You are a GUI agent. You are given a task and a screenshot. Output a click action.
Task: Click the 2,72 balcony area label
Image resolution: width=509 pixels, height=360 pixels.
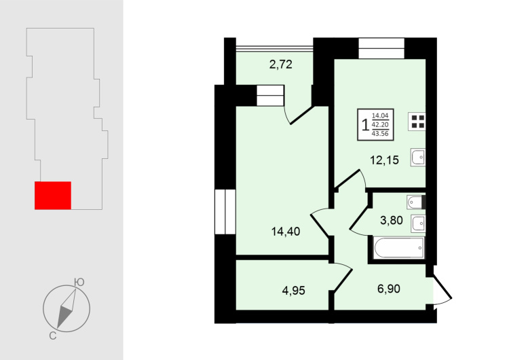click(x=281, y=65)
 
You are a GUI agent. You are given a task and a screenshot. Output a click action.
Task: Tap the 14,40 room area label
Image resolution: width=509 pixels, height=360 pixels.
click(x=286, y=232)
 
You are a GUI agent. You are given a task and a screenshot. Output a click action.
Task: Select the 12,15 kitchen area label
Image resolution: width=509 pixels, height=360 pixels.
click(x=385, y=160)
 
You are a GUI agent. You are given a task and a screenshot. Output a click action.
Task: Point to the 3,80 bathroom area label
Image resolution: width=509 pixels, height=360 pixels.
click(x=392, y=220)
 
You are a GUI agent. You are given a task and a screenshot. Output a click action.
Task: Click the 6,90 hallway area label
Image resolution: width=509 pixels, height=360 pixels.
click(x=389, y=289)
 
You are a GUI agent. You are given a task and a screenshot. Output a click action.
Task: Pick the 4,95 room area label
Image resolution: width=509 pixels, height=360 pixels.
click(x=294, y=290)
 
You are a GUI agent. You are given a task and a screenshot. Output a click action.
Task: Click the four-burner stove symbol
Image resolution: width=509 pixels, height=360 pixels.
click(x=417, y=122)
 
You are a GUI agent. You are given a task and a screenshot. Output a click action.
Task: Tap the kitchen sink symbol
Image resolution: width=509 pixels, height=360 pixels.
click(x=418, y=158)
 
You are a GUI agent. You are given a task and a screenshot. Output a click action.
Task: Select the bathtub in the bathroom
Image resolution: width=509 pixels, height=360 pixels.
click(x=399, y=248)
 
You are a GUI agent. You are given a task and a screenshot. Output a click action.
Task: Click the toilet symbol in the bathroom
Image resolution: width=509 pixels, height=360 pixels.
click(x=416, y=202)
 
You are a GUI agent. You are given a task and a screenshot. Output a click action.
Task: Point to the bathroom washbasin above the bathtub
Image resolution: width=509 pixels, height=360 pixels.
click(x=418, y=223)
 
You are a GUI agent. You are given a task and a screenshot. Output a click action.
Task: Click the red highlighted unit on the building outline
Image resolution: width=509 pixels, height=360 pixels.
click(x=53, y=195)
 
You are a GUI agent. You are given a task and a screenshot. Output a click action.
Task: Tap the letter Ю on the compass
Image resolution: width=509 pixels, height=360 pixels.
click(x=79, y=282)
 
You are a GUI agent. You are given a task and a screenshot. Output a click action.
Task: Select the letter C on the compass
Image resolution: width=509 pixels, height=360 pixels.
click(x=52, y=336)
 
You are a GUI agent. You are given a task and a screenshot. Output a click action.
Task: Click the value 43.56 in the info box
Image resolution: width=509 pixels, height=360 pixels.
click(x=380, y=134)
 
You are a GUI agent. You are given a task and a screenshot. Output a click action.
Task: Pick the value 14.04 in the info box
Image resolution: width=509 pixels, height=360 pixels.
click(x=380, y=115)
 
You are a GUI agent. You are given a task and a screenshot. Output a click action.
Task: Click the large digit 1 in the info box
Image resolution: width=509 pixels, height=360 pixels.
click(x=366, y=124)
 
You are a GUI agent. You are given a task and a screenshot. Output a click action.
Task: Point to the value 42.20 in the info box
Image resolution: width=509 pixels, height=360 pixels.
click(x=380, y=124)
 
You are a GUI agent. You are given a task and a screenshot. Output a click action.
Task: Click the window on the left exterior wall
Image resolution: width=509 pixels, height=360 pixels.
click(x=225, y=212)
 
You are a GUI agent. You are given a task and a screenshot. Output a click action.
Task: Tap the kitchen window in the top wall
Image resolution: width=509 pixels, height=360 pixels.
click(x=381, y=48)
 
